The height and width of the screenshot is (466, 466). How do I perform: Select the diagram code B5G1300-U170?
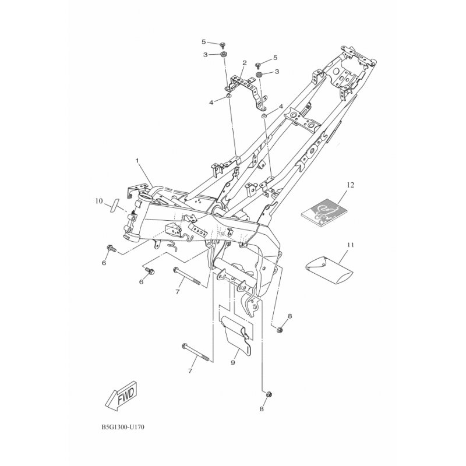pos(123,428)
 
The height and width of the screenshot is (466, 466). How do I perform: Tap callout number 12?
pos(351,185)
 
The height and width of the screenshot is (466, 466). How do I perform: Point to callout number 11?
pos(351,245)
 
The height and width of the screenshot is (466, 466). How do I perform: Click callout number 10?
pos(99,201)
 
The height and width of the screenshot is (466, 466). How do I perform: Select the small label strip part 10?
pos(114,205)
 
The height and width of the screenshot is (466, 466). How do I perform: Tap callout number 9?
pos(232,362)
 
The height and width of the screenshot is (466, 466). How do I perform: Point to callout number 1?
pos(137,161)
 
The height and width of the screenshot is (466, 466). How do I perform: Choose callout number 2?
pos(245,63)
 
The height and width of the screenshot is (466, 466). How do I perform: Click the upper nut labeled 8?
pos(280,329)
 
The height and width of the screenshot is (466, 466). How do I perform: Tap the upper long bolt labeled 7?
pos(187,276)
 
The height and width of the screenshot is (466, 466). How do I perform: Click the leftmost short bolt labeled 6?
pos(111,248)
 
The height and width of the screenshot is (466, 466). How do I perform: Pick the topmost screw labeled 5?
pos(222,45)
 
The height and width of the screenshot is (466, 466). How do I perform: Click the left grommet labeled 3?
pos(222,54)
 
